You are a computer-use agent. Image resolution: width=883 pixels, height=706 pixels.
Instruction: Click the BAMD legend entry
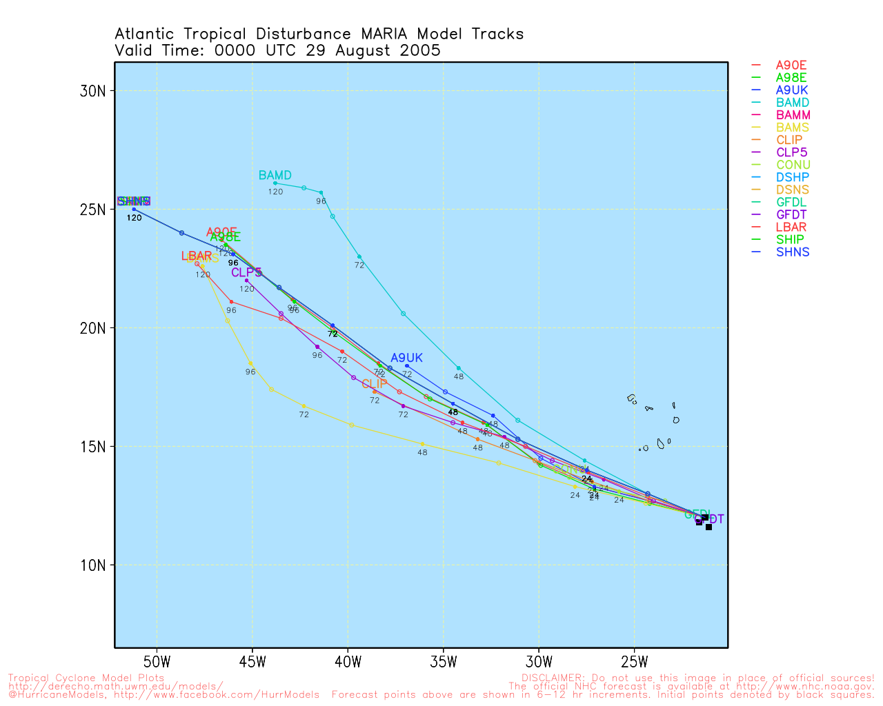tap(792, 103)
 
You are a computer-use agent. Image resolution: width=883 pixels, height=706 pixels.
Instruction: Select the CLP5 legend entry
tap(791, 152)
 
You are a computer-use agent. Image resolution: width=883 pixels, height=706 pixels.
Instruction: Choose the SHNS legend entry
tap(792, 252)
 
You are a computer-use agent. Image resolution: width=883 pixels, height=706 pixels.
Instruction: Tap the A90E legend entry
tap(791, 65)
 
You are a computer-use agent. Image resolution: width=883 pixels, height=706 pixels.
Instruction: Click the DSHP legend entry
tap(792, 177)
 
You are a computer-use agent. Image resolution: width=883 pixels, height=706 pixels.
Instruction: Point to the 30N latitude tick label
tap(92, 91)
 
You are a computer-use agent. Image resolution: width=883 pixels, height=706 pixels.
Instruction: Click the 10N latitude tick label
tap(92, 565)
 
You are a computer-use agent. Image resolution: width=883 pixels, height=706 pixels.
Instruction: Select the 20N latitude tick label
tap(92, 328)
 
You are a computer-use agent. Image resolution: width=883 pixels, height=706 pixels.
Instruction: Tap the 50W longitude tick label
tap(157, 663)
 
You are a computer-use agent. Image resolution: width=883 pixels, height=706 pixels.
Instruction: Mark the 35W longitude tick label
tap(444, 663)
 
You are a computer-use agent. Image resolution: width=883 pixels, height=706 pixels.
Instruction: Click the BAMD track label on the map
tap(275, 176)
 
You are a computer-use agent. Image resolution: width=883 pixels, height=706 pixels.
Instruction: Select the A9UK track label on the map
tap(406, 358)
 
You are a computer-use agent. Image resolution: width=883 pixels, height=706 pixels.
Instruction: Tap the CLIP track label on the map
tap(375, 384)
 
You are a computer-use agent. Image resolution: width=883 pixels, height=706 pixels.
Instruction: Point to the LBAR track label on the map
tap(197, 256)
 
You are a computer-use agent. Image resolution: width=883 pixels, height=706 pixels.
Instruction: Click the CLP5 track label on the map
tap(246, 273)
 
